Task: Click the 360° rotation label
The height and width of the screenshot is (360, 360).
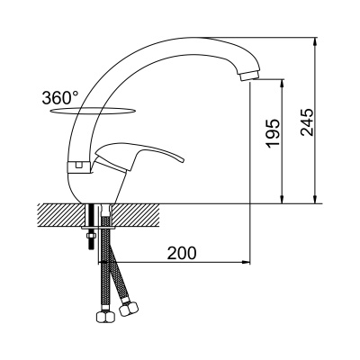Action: point(60,97)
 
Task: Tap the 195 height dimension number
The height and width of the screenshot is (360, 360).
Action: point(274,134)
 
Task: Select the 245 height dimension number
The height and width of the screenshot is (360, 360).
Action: point(307,122)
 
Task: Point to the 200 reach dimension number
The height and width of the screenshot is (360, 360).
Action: point(182,253)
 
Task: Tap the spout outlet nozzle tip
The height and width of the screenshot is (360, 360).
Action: point(248,76)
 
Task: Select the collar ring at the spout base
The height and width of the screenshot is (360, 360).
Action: point(78,167)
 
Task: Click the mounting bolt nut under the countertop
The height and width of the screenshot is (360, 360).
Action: point(90,236)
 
